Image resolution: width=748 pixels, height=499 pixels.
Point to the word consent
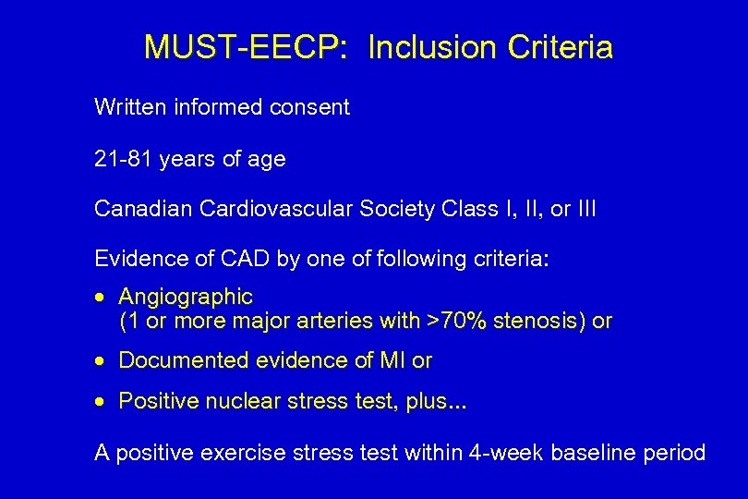coord(310,107)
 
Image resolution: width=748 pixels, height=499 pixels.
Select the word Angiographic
coord(186,298)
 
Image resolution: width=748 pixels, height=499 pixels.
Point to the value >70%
coord(458,322)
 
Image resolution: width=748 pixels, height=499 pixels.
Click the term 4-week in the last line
coord(510,453)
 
